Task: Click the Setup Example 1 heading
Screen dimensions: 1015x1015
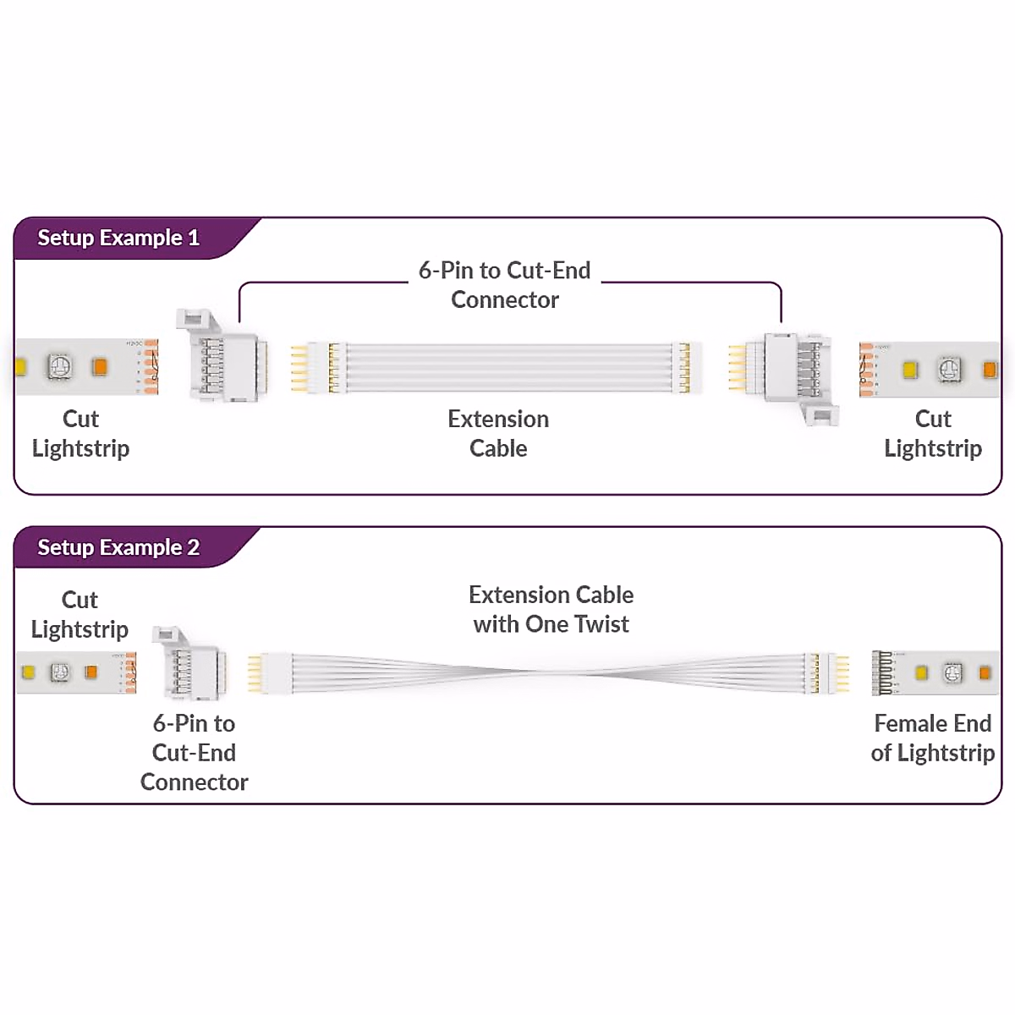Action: click(118, 239)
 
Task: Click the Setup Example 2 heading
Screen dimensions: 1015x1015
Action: click(118, 548)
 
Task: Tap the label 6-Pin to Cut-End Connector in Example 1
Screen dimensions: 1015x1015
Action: click(505, 285)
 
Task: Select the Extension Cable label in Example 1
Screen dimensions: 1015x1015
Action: click(498, 433)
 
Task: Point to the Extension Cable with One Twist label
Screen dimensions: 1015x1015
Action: click(551, 609)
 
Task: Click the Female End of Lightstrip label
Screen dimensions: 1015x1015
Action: click(932, 738)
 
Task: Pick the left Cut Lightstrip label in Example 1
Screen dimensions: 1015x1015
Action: click(80, 433)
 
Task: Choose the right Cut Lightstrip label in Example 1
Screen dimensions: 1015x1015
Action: click(933, 433)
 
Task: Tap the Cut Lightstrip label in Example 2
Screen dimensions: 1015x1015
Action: click(80, 614)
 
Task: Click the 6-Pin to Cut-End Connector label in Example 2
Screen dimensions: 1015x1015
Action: click(194, 752)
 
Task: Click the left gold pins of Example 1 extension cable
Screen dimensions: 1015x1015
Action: click(299, 368)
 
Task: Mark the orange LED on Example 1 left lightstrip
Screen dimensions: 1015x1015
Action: click(100, 367)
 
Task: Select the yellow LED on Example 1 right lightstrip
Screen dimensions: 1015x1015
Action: click(910, 370)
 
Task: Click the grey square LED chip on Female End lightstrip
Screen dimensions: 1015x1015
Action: click(952, 672)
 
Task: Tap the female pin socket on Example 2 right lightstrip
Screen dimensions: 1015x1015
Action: click(881, 673)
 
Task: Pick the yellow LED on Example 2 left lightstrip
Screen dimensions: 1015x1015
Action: click(28, 672)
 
